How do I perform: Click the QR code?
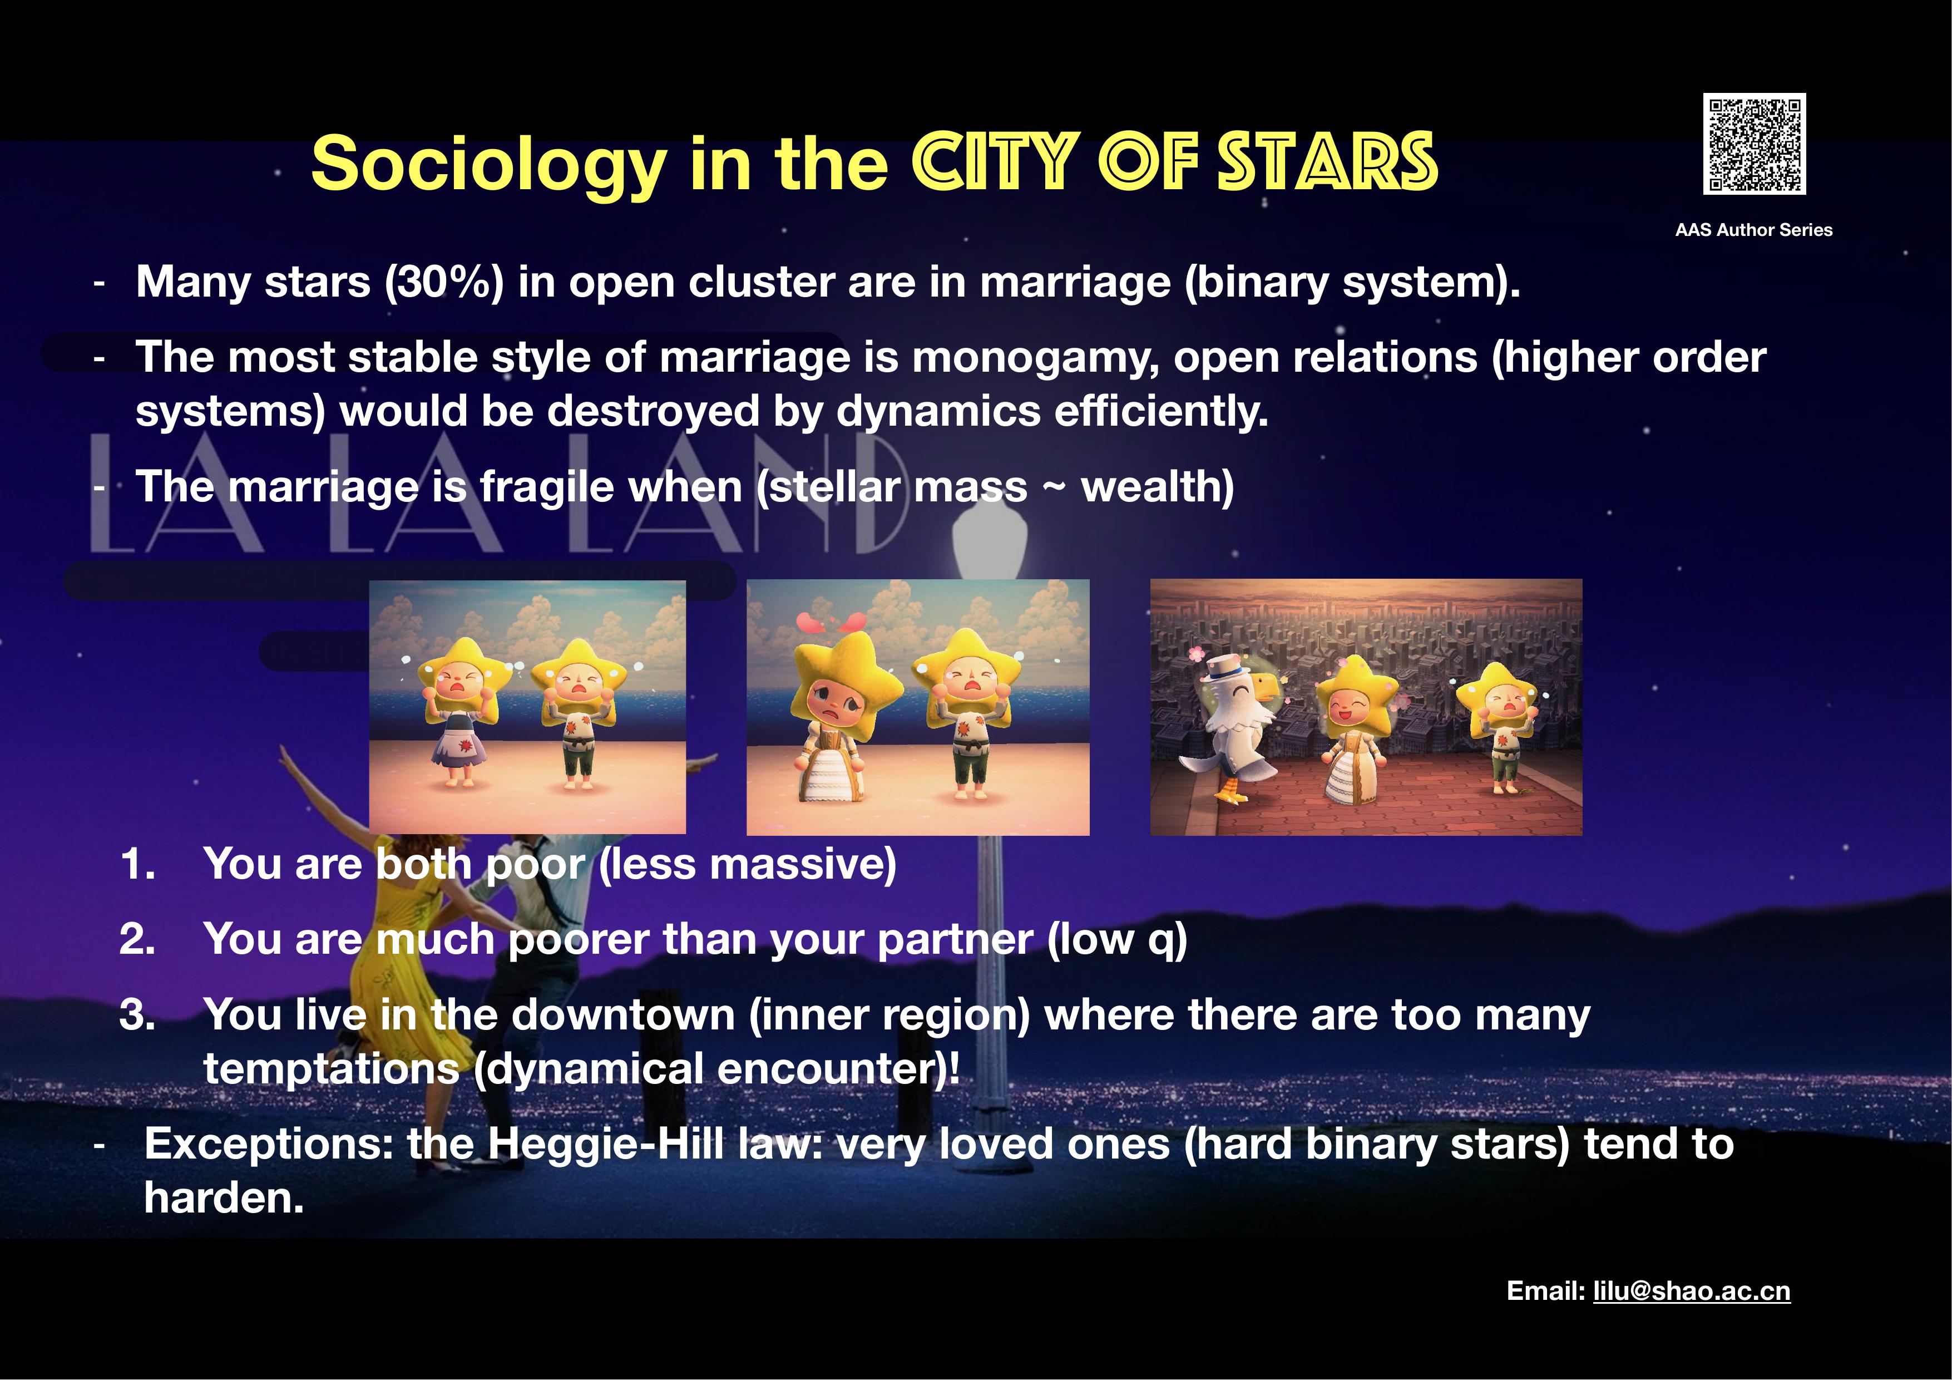(1754, 144)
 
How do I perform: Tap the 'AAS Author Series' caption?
(1754, 230)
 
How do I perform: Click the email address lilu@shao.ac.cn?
(1692, 1291)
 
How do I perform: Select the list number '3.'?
(138, 1014)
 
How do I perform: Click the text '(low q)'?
(1117, 939)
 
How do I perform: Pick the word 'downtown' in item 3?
(623, 1015)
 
